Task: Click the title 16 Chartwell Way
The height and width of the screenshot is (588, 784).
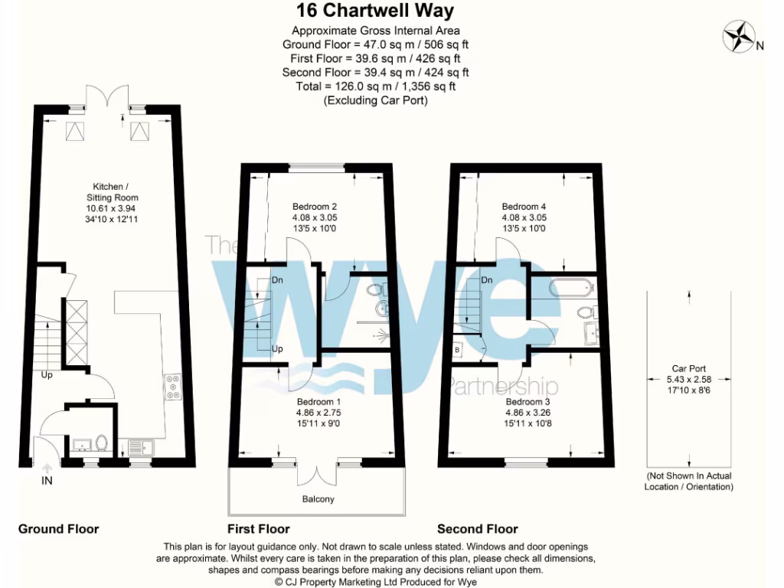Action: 375,11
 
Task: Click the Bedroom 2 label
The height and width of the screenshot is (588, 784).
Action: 315,206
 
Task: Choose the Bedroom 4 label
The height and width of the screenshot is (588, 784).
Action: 524,206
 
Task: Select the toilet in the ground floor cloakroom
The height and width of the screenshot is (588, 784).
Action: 101,443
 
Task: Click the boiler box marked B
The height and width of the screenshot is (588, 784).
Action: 458,348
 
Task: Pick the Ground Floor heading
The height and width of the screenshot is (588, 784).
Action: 58,529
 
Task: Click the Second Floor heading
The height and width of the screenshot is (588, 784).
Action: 477,529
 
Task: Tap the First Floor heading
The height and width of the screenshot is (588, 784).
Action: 258,529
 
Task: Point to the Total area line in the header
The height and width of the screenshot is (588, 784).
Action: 375,87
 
